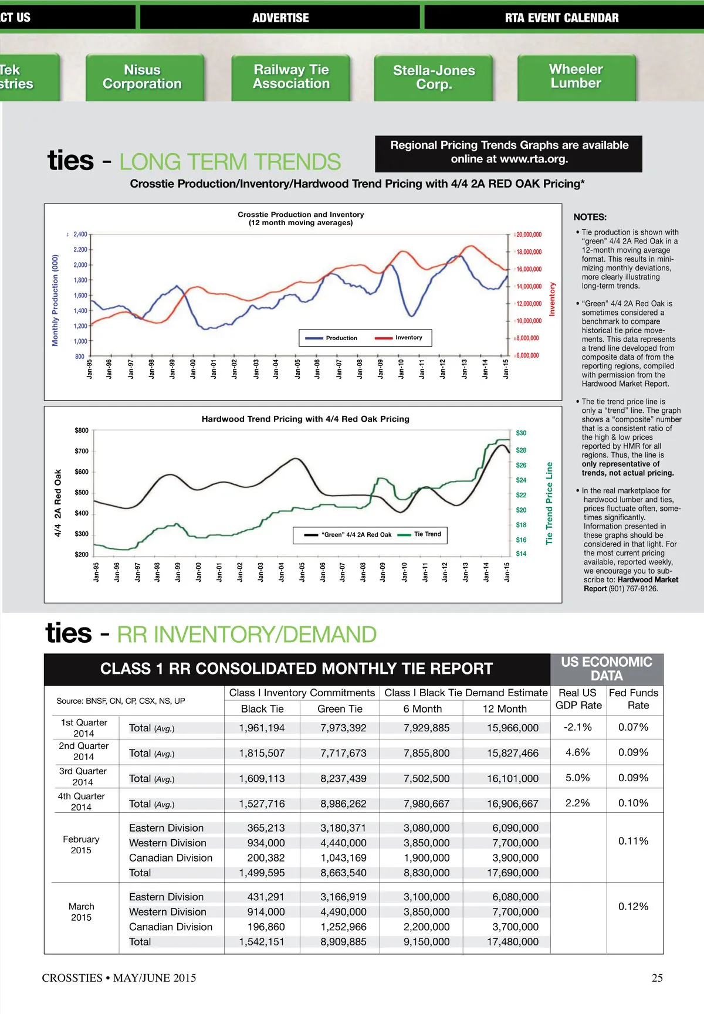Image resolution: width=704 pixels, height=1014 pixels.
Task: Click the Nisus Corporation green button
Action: (x=143, y=77)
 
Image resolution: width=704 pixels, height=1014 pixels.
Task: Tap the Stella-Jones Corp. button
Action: (x=434, y=77)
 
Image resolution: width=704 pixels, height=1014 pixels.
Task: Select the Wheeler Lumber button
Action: (x=576, y=76)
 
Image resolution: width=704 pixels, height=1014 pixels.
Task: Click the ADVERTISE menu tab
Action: (x=280, y=18)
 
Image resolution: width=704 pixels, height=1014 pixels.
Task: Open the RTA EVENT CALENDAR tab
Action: (x=561, y=18)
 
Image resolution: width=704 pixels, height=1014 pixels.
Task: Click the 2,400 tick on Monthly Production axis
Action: (x=80, y=235)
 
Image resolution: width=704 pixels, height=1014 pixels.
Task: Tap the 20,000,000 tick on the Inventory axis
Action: (x=529, y=235)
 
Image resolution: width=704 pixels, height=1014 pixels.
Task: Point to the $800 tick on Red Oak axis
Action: (x=82, y=430)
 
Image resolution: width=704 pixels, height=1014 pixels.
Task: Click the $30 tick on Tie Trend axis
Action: (x=521, y=433)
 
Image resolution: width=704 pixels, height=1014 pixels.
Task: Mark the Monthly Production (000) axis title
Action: (x=55, y=300)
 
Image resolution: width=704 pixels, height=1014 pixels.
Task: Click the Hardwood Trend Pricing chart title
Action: (x=305, y=419)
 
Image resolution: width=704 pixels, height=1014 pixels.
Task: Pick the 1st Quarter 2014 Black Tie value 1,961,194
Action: (x=262, y=728)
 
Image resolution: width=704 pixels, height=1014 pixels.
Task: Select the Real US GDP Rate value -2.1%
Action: (x=577, y=727)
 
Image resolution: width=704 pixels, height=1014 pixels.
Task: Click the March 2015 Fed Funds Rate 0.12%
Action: (x=633, y=906)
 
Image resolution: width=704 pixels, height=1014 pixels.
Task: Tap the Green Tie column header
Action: (x=340, y=708)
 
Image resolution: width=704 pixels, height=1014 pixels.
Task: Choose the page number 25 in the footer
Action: (x=657, y=978)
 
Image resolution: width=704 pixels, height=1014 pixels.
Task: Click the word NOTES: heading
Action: (x=590, y=217)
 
